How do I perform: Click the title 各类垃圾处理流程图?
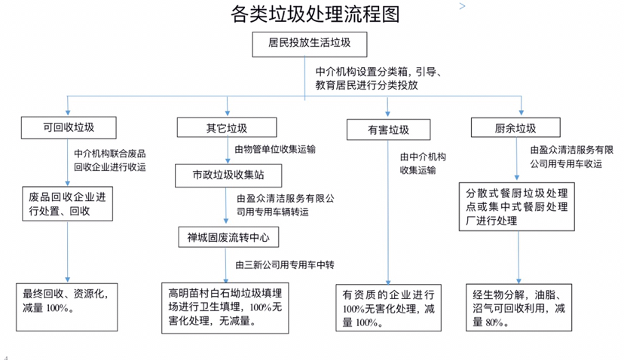click(312, 14)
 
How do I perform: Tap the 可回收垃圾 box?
click(69, 126)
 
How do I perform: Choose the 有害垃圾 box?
click(388, 130)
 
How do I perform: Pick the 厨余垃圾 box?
click(515, 127)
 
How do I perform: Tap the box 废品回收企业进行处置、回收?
click(68, 204)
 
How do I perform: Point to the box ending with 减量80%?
click(518, 307)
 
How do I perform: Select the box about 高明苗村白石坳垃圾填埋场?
click(225, 307)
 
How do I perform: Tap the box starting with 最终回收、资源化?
click(68, 307)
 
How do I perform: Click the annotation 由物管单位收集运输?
click(275, 149)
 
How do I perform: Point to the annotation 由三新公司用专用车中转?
click(284, 265)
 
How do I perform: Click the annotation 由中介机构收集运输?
click(422, 163)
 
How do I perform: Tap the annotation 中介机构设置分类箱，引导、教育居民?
click(383, 79)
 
